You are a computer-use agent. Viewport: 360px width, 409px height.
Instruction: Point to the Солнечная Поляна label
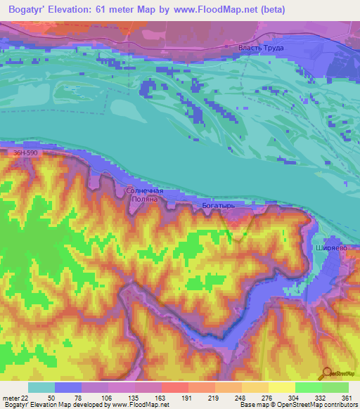pyautogui.click(x=145, y=195)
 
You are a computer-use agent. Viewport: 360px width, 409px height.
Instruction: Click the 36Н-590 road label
pyautogui.click(x=25, y=151)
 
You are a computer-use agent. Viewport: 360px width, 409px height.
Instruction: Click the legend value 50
pyautogui.click(x=51, y=396)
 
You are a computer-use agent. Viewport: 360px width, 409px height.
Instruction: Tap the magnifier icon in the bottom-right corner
pyautogui.click(x=327, y=374)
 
